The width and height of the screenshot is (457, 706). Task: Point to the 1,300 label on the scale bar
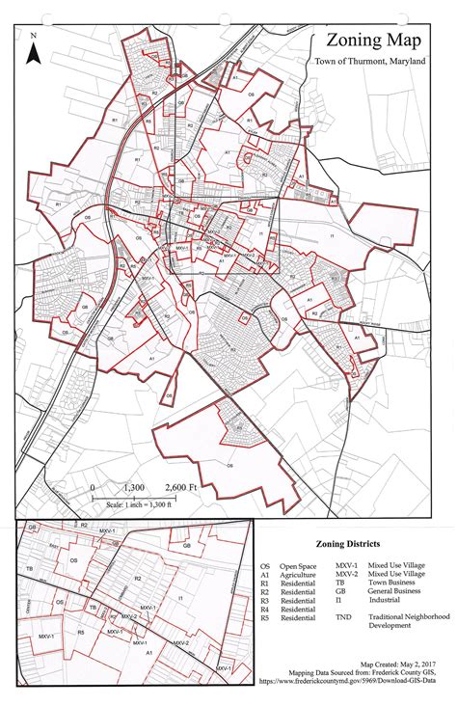pos(133,487)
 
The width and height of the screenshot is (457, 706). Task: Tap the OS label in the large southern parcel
pos(229,464)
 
